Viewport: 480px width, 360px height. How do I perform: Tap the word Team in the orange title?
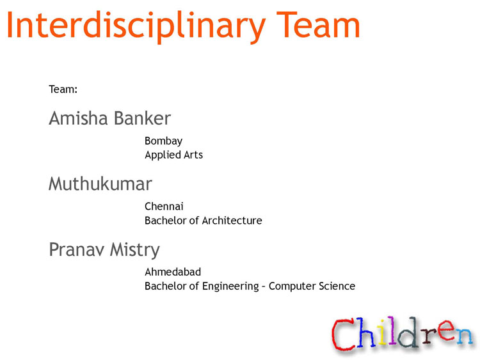[318, 24]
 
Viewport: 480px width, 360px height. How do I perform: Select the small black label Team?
[63, 90]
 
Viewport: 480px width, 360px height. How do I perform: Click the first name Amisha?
[78, 118]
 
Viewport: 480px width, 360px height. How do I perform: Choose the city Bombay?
[163, 141]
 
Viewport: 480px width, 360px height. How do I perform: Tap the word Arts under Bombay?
[193, 155]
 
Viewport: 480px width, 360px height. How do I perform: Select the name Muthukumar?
[100, 184]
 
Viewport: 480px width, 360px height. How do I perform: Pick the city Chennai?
[164, 207]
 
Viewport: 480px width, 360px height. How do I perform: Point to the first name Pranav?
[77, 249]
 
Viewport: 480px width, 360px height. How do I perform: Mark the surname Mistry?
[135, 250]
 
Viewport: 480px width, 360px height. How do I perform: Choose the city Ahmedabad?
[173, 272]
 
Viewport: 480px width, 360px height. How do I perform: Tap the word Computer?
[292, 286]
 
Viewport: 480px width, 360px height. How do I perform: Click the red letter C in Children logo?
[344, 334]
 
